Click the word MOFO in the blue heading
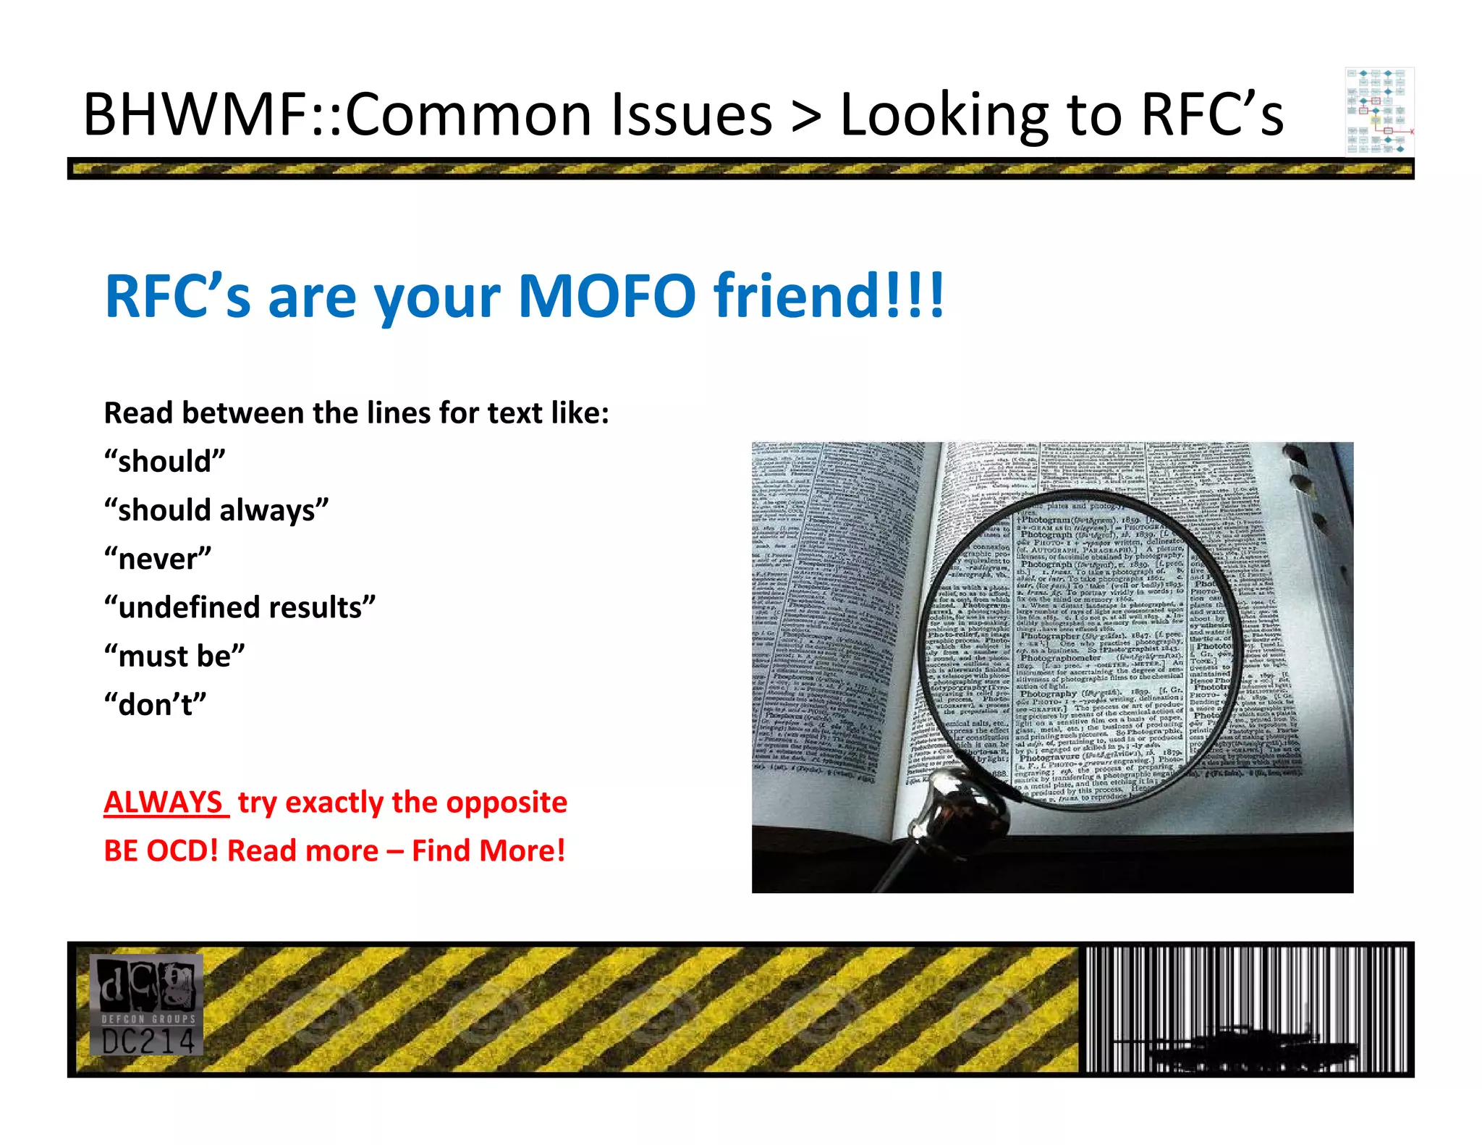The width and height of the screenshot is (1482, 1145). (x=606, y=295)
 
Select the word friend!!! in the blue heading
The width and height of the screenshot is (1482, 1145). (x=829, y=295)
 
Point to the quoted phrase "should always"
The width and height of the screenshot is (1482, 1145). (x=216, y=510)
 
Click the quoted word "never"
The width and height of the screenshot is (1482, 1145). (x=158, y=559)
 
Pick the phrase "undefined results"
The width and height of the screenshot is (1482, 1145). (x=240, y=607)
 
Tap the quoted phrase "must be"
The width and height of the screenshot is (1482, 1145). (x=174, y=656)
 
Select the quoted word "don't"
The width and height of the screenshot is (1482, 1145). (x=156, y=704)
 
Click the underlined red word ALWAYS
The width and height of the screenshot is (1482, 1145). (x=164, y=802)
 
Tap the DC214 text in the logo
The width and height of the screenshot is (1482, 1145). (x=148, y=1042)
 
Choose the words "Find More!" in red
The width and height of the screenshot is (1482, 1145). (x=488, y=850)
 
